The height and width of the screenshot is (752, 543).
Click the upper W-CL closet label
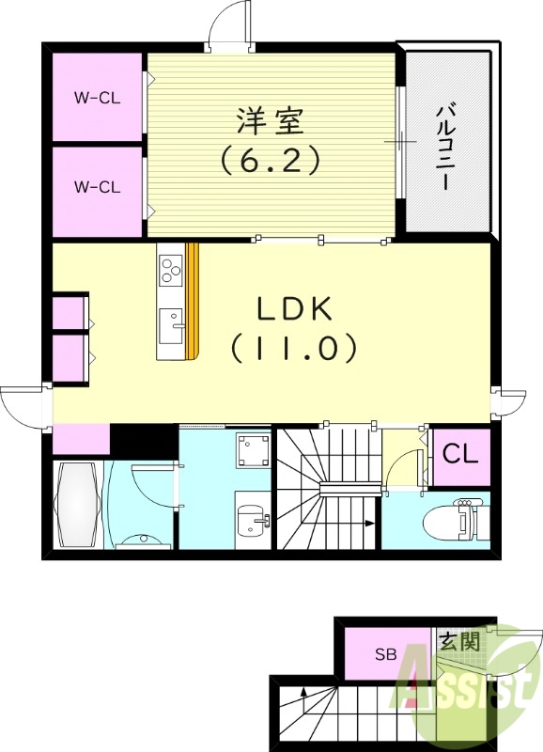97,96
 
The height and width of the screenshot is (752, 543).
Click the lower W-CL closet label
97,186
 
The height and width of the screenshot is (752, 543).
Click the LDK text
293,309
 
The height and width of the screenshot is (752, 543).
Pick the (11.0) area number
293,349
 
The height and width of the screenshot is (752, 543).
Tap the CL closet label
460,455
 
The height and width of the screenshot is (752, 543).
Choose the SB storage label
386,654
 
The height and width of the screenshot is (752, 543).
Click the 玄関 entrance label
460,642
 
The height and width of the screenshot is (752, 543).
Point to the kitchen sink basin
172,327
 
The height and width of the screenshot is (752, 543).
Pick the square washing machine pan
252,451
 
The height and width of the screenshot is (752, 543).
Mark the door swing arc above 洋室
230,22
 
